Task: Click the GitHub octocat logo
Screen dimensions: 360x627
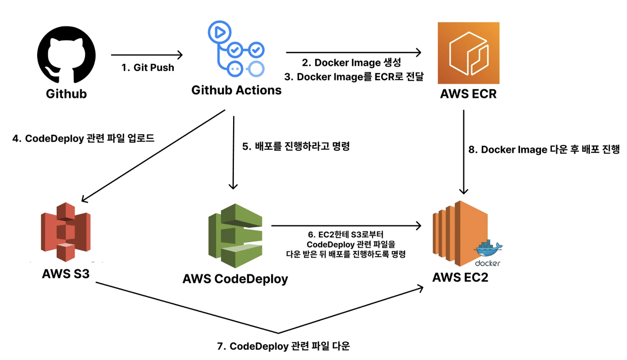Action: (66, 55)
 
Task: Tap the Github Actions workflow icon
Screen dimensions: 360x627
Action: (236, 49)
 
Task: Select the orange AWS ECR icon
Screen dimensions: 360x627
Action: (468, 53)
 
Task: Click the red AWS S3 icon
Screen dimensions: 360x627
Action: (66, 232)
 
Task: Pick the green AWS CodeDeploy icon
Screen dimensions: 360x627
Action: (235, 236)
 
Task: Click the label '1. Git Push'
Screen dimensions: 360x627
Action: (148, 68)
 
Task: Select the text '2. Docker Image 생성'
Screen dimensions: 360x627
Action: (351, 63)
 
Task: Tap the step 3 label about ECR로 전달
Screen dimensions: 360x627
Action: (354, 77)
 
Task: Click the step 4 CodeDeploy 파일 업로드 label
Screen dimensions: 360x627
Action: (83, 138)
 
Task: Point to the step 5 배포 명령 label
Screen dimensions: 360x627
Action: (296, 146)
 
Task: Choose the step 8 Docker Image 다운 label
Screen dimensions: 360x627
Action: (544, 150)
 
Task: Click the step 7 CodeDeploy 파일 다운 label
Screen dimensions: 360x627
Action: (283, 346)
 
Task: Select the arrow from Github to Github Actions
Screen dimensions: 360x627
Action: (147, 55)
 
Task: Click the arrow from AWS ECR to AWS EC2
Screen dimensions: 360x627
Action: (463, 151)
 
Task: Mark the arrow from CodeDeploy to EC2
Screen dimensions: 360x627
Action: (346, 225)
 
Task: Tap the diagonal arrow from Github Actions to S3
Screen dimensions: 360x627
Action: (153, 156)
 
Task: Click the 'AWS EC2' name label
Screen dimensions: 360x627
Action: (460, 278)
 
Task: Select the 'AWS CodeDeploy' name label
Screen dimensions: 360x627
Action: (235, 279)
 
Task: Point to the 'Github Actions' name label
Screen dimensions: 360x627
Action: (236, 90)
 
